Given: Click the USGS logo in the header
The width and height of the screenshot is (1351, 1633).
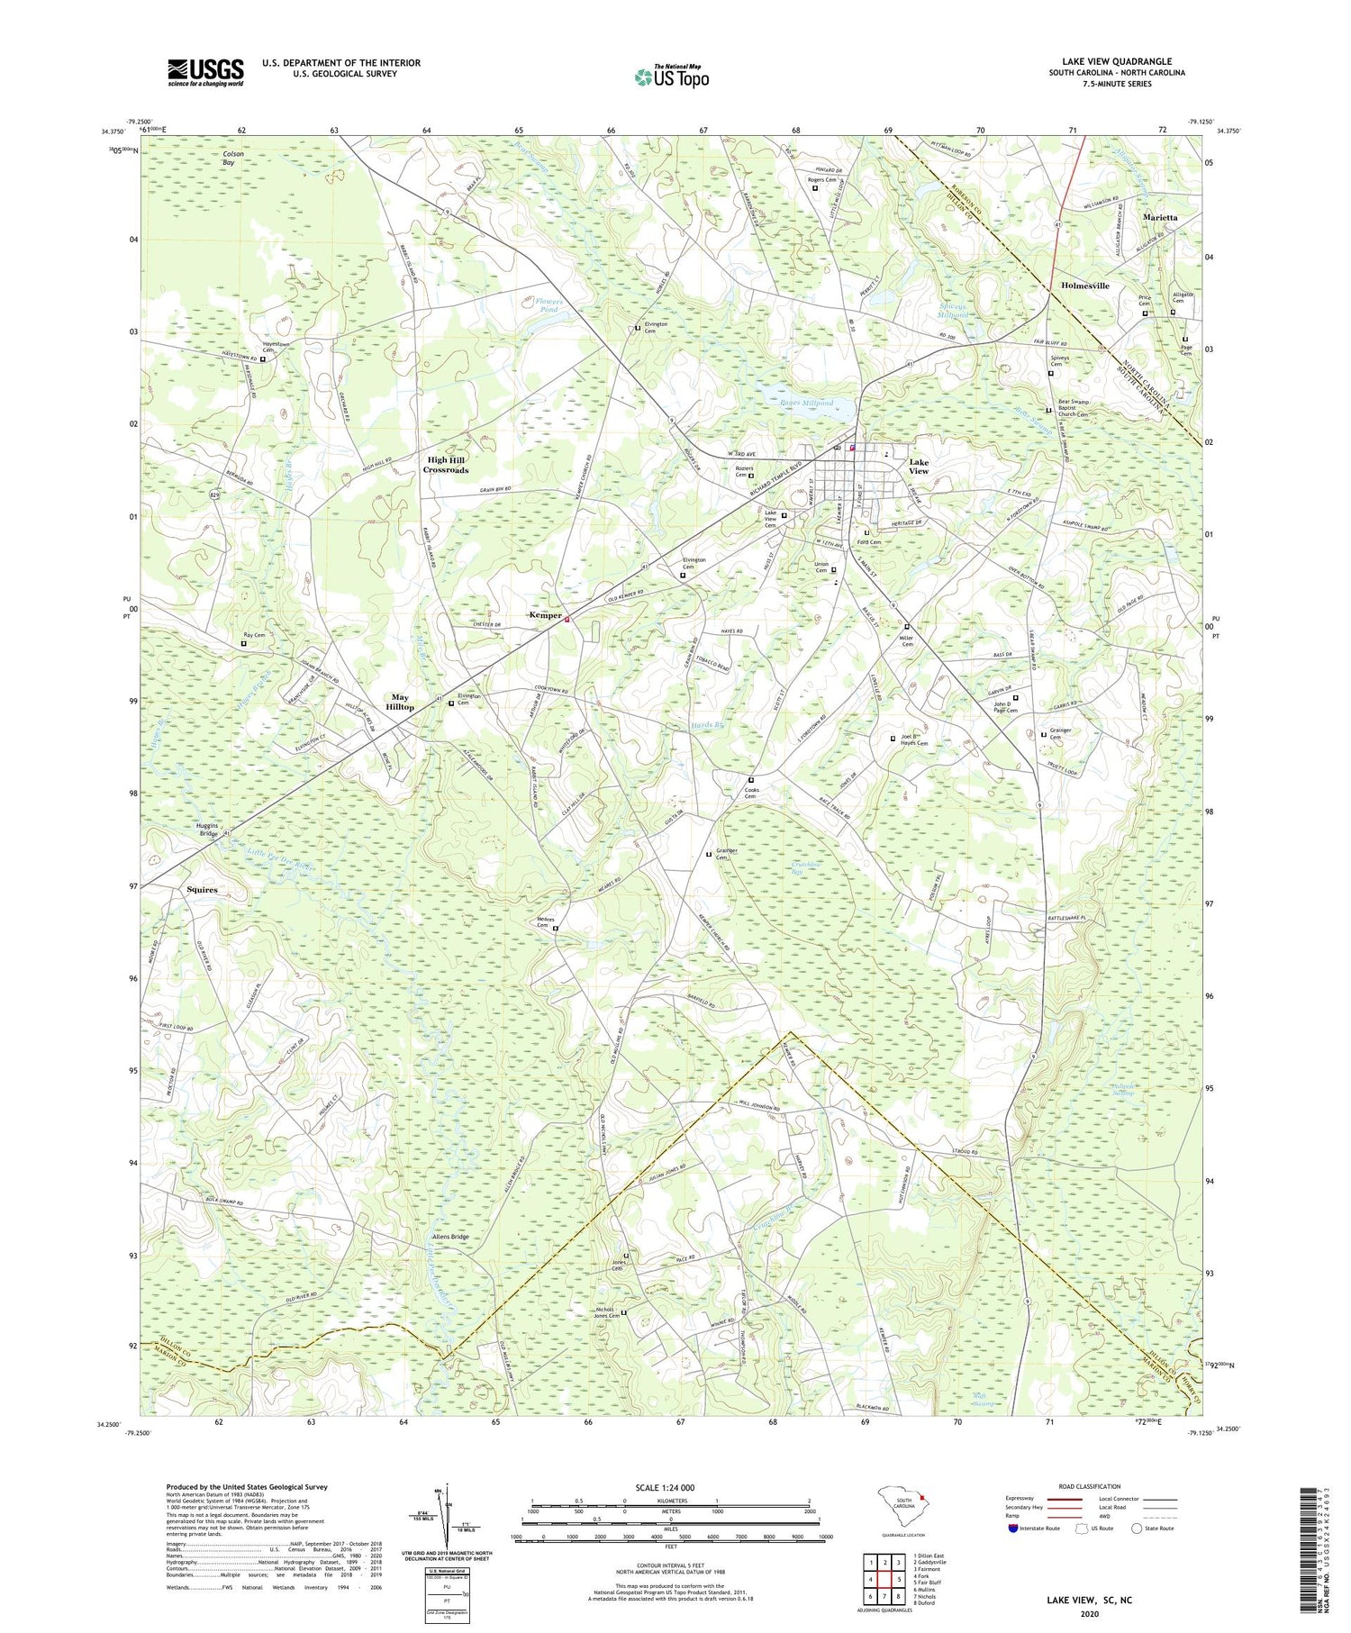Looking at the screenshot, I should pos(205,72).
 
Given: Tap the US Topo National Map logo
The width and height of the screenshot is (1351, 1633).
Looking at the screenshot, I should pos(671,77).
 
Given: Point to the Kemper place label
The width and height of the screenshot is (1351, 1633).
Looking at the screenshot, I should pos(544,616).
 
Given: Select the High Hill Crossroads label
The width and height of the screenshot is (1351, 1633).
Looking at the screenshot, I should pos(447,465).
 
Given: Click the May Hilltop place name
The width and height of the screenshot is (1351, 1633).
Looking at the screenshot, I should pos(400,702).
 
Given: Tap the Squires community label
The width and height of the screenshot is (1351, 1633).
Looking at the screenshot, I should pos(202,889).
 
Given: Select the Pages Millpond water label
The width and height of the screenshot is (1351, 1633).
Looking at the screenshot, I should pos(805,404).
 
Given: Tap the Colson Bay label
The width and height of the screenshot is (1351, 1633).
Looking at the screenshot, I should pos(233,159).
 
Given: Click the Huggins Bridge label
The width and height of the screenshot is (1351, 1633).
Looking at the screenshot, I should pos(207,830).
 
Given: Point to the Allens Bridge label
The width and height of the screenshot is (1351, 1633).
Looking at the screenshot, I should pos(449,1237).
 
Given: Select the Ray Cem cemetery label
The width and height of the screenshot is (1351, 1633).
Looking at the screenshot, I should pos(255,635).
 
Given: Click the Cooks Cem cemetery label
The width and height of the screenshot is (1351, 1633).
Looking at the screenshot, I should pos(750,793).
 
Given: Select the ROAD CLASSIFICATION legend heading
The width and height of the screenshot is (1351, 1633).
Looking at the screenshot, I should pos(1090,1486).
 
